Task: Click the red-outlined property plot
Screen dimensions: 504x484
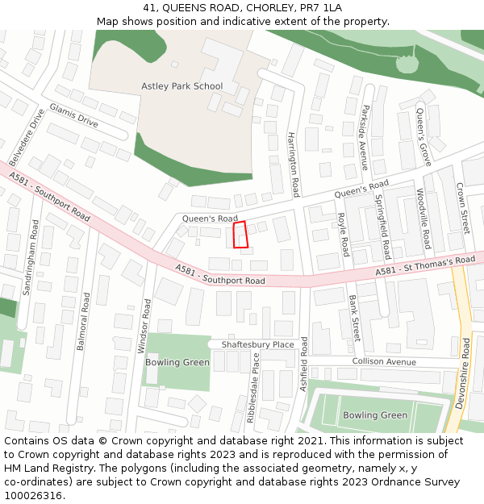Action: [240, 235]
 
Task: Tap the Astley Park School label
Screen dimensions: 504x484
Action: [181, 86]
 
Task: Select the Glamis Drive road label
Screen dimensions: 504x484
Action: [73, 115]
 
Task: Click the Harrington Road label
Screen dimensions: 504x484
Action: [294, 165]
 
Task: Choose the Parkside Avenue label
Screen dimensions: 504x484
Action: [365, 137]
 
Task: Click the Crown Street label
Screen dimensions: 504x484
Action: [463, 207]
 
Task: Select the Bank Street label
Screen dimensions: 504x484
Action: [355, 318]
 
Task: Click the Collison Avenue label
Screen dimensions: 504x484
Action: [383, 361]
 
